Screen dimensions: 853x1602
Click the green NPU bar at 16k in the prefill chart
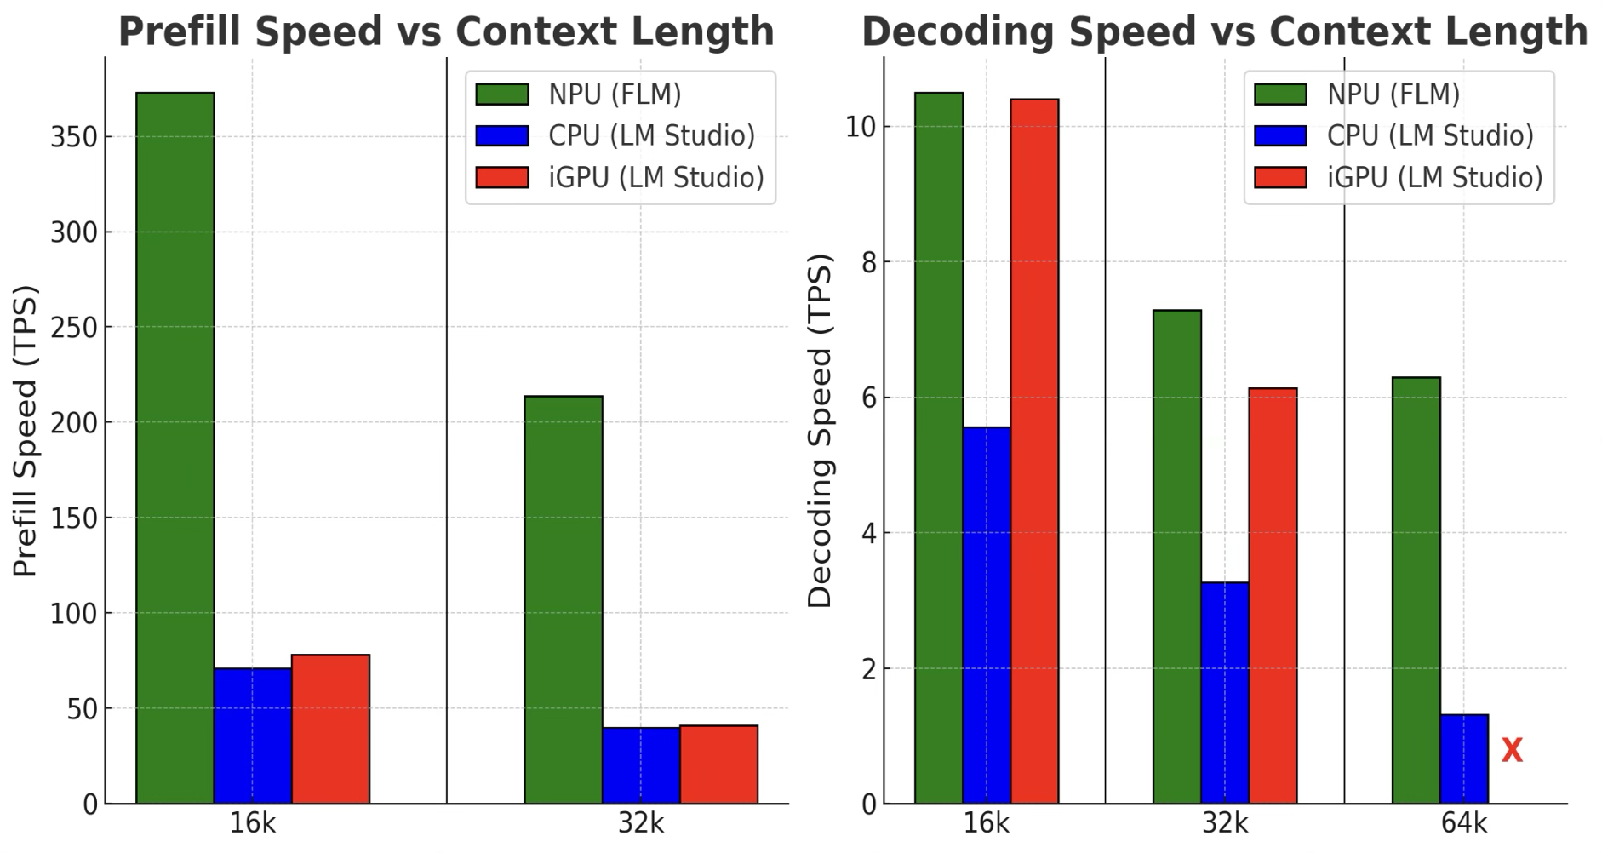[x=175, y=448]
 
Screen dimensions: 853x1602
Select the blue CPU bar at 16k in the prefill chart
[x=252, y=736]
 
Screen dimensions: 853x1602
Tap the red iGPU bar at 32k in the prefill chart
[x=718, y=764]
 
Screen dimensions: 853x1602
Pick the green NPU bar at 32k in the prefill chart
[x=563, y=599]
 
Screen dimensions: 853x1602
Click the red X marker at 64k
[x=1512, y=750]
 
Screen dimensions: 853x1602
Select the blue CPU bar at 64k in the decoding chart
[x=1464, y=759]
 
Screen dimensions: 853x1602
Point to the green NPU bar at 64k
[x=1416, y=590]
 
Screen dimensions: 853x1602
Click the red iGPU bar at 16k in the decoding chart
[x=1034, y=451]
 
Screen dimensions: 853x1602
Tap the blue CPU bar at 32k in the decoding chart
[x=1225, y=693]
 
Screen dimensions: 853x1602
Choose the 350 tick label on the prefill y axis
[x=73, y=138]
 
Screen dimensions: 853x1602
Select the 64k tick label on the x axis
[x=1464, y=824]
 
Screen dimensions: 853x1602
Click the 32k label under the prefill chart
[x=641, y=824]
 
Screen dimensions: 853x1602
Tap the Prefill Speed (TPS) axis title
[x=26, y=431]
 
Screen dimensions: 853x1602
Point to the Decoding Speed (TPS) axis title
[x=819, y=431]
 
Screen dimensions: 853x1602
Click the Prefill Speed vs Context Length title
[x=446, y=32]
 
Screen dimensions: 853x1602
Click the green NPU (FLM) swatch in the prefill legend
[x=501, y=94]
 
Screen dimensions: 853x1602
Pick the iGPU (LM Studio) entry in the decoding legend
[x=1434, y=177]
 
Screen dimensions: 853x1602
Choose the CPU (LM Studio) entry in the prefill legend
[x=651, y=135]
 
